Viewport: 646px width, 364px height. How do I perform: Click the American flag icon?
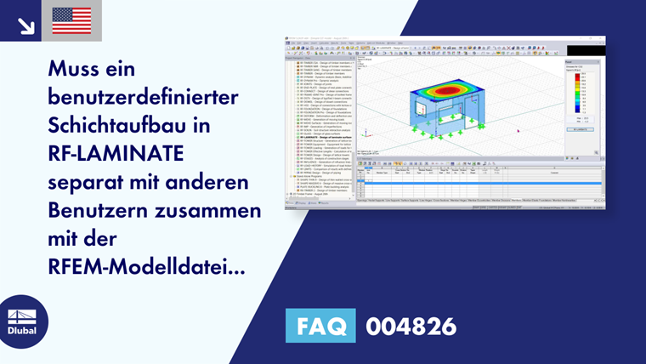click(x=71, y=20)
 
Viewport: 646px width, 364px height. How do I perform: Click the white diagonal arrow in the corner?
click(x=25, y=26)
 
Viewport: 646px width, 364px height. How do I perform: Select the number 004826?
click(x=411, y=326)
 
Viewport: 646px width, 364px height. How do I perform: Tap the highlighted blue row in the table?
click(x=476, y=181)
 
